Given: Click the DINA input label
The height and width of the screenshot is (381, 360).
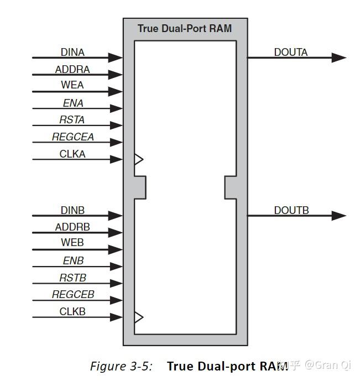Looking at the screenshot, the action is (x=72, y=52).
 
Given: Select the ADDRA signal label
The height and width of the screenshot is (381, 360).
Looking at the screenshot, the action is (x=72, y=70).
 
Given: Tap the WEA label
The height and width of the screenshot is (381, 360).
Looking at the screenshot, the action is (x=72, y=85).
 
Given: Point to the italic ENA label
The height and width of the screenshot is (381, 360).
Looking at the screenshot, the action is (x=73, y=103).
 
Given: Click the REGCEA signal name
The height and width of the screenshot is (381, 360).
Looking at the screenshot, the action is (x=73, y=137).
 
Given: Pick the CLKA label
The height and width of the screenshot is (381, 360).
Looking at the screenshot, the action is (x=72, y=154).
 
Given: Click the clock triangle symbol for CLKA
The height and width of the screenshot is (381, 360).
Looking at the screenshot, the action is (x=139, y=159).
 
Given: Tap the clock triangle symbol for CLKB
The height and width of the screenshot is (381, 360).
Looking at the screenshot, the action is (x=139, y=317).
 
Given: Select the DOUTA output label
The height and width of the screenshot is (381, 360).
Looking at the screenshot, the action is (x=291, y=52).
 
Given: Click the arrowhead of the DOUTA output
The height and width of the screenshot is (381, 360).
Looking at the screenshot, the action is (x=339, y=58).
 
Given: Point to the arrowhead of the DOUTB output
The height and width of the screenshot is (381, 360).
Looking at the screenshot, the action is (x=339, y=216).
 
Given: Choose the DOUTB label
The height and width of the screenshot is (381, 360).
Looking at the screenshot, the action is (x=291, y=211).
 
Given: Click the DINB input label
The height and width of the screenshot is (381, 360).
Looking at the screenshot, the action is (x=72, y=211).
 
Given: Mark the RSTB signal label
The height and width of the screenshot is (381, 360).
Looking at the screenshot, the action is (x=73, y=278).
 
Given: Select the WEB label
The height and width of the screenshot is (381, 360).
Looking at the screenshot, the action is (x=72, y=243).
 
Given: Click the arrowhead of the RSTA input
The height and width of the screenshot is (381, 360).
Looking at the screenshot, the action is (x=116, y=126).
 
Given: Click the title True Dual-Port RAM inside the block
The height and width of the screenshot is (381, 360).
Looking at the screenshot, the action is (x=185, y=28).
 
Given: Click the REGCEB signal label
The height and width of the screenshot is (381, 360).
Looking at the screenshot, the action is (x=73, y=295).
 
